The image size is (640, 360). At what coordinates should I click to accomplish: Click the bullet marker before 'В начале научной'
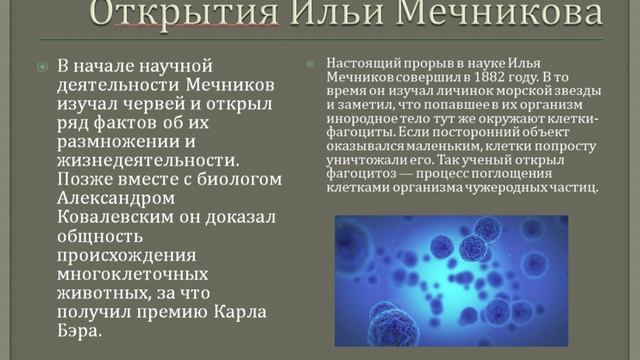coord(42,67)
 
